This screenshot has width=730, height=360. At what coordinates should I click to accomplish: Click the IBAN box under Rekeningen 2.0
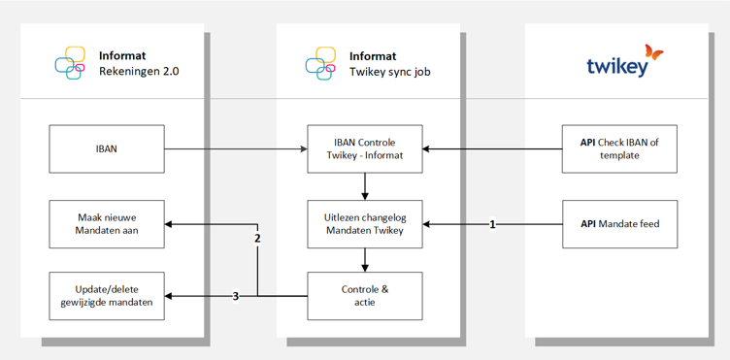click(x=107, y=148)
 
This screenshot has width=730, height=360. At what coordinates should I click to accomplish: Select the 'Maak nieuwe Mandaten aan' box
click(x=107, y=224)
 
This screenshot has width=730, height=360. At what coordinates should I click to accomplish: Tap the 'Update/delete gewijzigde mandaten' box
click(x=107, y=296)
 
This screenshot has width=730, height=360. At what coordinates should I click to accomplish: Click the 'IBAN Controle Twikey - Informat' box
click(x=365, y=148)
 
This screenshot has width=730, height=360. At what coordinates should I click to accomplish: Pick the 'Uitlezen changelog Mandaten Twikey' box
click(x=365, y=224)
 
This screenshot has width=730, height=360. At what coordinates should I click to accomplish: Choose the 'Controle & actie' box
click(x=365, y=296)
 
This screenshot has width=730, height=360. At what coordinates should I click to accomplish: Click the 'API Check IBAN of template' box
click(x=619, y=148)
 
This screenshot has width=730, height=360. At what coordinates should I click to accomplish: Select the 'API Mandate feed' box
click(x=619, y=224)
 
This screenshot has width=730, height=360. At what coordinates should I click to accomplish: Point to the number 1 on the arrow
click(x=492, y=225)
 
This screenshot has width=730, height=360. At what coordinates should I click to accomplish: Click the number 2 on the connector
click(x=257, y=239)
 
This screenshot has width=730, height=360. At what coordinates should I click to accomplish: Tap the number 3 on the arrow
click(x=236, y=296)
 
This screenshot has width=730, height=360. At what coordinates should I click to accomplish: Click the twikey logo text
click(x=616, y=67)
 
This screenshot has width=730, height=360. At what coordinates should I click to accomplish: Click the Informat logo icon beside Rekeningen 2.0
click(x=70, y=63)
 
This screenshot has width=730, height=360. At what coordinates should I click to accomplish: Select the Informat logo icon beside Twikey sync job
click(x=320, y=63)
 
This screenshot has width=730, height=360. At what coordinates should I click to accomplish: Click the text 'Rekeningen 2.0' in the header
click(x=139, y=72)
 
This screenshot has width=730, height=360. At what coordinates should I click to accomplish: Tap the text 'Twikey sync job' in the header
click(x=390, y=72)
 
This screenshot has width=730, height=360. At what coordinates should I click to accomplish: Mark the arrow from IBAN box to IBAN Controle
click(x=236, y=148)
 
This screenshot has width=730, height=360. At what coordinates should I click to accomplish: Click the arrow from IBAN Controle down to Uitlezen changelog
click(x=365, y=186)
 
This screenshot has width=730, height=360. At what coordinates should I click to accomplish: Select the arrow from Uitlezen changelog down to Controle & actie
click(x=365, y=260)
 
